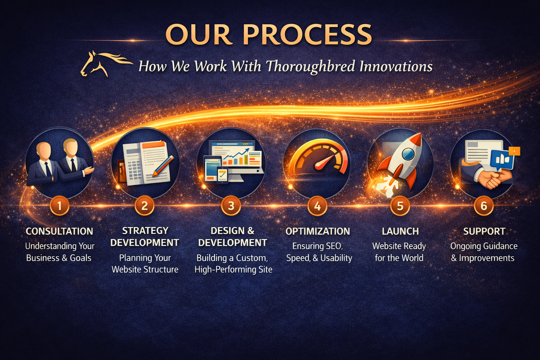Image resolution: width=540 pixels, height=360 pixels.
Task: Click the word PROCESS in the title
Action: [x=307, y=34]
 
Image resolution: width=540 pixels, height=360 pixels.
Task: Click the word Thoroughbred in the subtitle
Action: [x=310, y=66]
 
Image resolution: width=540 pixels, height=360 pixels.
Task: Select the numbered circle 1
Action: [x=59, y=206]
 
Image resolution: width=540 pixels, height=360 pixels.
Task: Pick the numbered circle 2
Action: [x=144, y=206]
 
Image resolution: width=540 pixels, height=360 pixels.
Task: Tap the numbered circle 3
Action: [x=231, y=206]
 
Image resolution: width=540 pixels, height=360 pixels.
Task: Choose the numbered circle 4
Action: [x=317, y=206]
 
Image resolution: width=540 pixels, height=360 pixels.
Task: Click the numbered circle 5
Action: [x=400, y=206]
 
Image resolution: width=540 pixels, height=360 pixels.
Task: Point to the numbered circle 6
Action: [x=484, y=206]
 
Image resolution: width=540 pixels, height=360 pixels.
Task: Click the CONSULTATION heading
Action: [x=59, y=231]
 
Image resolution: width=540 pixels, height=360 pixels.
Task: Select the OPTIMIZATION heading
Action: [x=317, y=231]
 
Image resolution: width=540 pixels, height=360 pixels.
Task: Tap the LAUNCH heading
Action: [x=400, y=231]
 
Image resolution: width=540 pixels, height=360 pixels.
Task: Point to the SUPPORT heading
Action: [x=484, y=231]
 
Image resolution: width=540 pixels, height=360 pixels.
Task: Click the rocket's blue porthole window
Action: [x=408, y=154]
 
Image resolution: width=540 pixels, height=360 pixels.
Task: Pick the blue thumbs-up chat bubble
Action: [x=502, y=159]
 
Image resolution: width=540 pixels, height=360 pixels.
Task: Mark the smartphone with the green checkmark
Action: [x=222, y=175]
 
